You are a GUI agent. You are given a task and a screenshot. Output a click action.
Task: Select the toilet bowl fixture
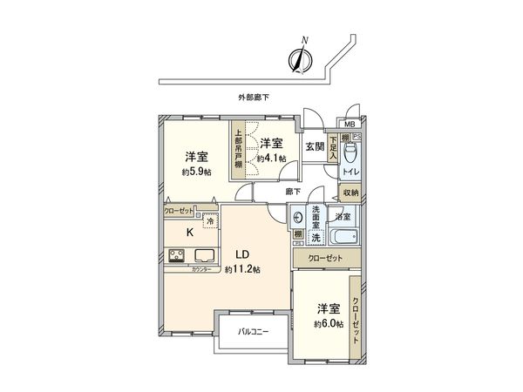[350, 156]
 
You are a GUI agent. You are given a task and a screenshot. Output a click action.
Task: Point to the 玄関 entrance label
[315, 147]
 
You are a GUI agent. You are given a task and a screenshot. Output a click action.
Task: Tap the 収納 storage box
[350, 193]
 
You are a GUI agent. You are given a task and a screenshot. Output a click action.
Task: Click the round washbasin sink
[299, 219]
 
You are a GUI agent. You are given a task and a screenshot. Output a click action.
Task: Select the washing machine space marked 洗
[316, 237]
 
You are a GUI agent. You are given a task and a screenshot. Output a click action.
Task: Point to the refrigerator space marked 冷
[209, 220]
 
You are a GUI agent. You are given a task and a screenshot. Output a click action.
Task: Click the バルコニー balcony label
[253, 333]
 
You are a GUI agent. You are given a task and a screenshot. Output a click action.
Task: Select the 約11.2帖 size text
[243, 269]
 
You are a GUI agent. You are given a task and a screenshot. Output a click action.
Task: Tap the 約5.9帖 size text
[195, 172]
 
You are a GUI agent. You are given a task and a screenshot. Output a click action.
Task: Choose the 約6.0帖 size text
[329, 323]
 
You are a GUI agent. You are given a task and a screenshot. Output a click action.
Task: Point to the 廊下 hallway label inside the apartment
[294, 191]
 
